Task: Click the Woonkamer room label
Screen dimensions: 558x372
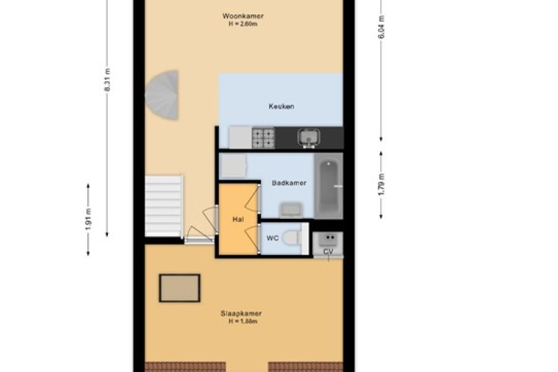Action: [243, 16]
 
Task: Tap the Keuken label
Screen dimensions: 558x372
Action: [281, 106]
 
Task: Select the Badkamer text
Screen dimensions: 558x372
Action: [289, 183]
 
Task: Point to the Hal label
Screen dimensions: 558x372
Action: [238, 219]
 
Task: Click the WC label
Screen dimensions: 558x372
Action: [273, 238]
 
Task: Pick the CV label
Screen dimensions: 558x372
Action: [328, 252]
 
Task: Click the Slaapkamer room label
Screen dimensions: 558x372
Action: [241, 314]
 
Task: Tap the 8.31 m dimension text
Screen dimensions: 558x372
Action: [107, 80]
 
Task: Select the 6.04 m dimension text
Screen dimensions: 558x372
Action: [381, 27]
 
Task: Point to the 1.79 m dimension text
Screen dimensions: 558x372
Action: [381, 184]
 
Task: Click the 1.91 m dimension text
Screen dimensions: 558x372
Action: [88, 219]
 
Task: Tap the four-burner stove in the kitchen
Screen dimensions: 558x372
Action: [263, 138]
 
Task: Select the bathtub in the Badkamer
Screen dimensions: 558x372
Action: [329, 186]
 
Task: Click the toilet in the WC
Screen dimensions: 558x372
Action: [292, 238]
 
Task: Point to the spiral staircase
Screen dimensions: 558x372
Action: [162, 95]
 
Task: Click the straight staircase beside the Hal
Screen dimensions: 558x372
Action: [164, 205]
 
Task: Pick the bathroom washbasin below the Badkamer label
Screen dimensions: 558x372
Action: [291, 210]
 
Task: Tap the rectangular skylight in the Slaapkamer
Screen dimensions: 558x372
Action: [180, 288]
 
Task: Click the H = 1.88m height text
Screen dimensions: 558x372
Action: [243, 321]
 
